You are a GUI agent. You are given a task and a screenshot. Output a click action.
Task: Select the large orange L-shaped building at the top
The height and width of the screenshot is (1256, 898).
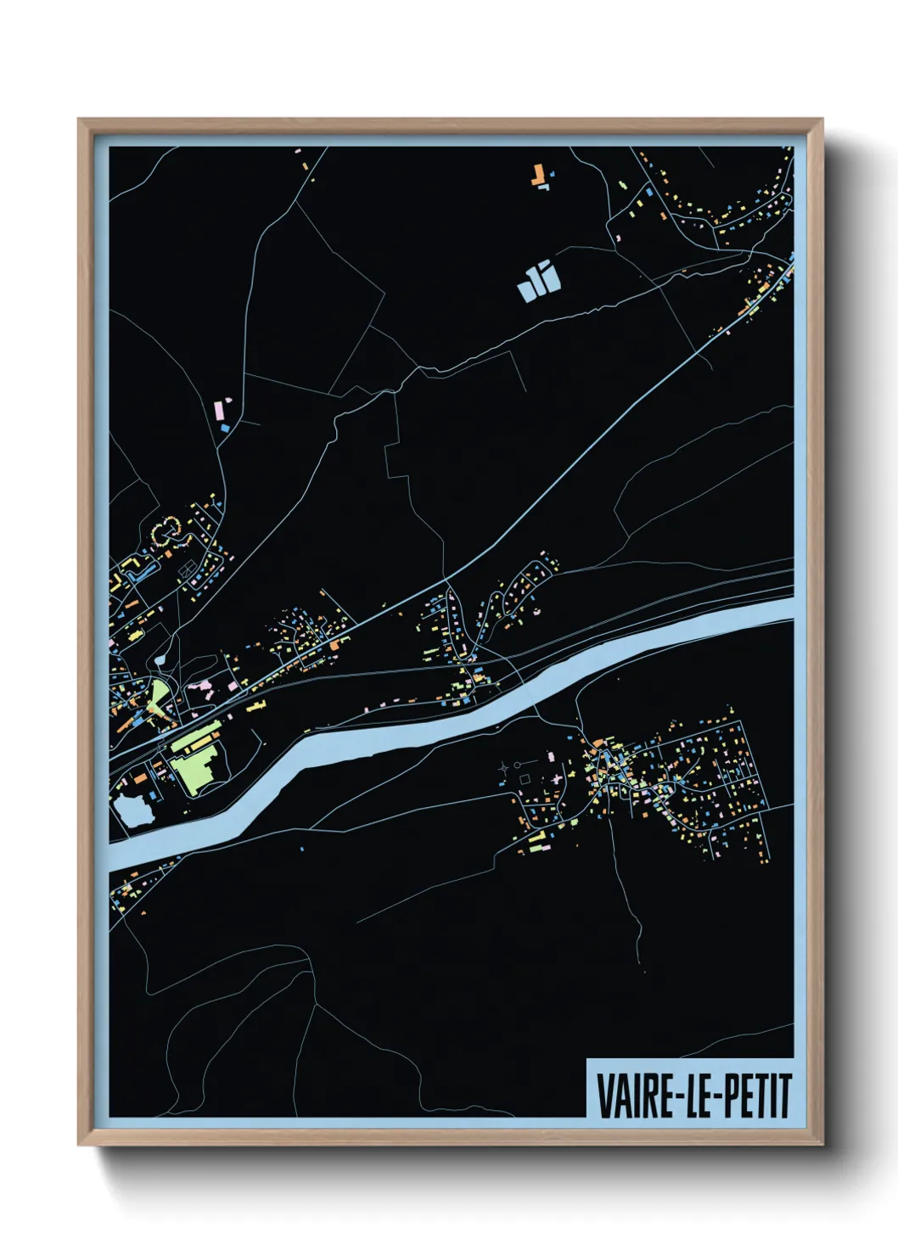point(536,177)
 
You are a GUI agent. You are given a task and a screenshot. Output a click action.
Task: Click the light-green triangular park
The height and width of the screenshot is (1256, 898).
point(158,698)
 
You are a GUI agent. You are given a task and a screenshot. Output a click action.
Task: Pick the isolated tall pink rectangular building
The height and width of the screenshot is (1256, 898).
point(218,410)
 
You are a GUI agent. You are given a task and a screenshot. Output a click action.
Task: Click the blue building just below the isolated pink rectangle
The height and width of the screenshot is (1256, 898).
point(225,428)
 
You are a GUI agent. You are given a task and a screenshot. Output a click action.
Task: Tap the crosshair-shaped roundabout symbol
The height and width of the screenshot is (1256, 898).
point(505,767)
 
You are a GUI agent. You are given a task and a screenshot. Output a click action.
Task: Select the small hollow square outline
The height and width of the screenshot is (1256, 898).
point(525,778)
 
